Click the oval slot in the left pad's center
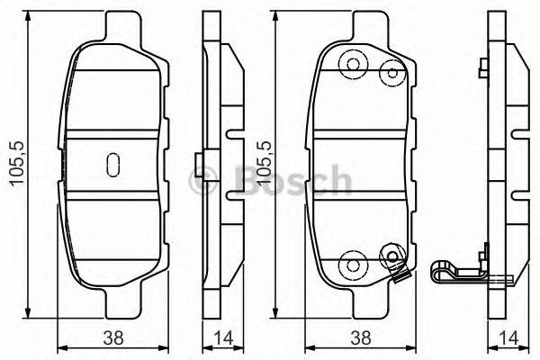pos(113,164)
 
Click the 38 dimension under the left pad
pos(113,340)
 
